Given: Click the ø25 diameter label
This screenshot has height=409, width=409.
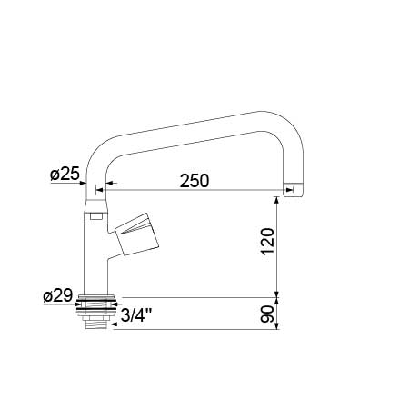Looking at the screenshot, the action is pos(65,174).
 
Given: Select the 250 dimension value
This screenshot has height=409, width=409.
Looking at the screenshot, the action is pos(195,181).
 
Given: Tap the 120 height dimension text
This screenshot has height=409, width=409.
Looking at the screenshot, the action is pos(268,242).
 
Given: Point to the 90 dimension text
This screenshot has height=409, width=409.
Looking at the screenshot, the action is pos(267,314).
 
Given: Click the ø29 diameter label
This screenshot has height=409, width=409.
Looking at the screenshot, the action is pos(58,295).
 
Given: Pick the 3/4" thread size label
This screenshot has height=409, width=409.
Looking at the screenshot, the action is pos(136,315).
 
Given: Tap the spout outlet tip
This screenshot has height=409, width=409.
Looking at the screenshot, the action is pos(293,191).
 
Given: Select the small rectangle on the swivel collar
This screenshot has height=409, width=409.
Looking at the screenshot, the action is pos(96,216).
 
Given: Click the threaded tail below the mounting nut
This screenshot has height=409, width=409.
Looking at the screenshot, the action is pos(95,324).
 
